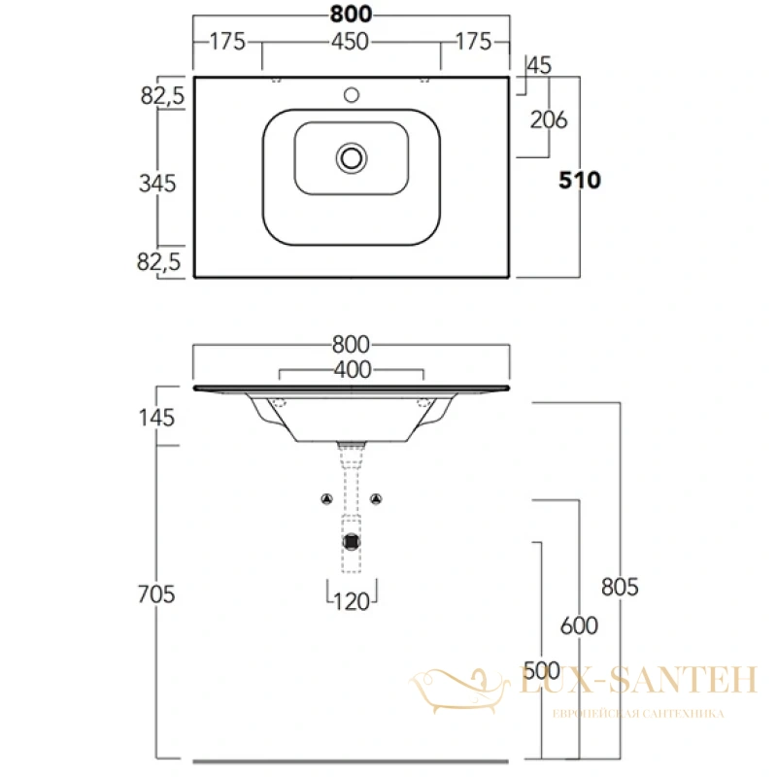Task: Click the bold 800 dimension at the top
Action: click(x=351, y=14)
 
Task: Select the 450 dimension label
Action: click(x=351, y=42)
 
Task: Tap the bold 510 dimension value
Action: click(x=580, y=181)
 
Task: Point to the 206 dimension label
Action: click(x=549, y=119)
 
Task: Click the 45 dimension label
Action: click(x=539, y=65)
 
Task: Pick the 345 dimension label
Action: click(x=157, y=184)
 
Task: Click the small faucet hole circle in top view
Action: click(x=352, y=94)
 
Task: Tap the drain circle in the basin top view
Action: click(x=352, y=158)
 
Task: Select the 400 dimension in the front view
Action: click(x=353, y=370)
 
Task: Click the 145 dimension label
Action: click(x=156, y=419)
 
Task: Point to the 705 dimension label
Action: click(x=156, y=594)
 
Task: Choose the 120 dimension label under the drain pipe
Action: click(x=352, y=602)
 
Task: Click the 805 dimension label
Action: click(x=620, y=588)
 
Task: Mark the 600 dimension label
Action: click(x=579, y=625)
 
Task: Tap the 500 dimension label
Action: click(x=542, y=671)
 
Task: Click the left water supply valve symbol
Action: click(x=326, y=499)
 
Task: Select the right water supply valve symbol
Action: click(x=377, y=499)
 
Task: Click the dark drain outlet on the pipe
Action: click(x=352, y=542)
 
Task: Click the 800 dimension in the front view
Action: click(x=351, y=345)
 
